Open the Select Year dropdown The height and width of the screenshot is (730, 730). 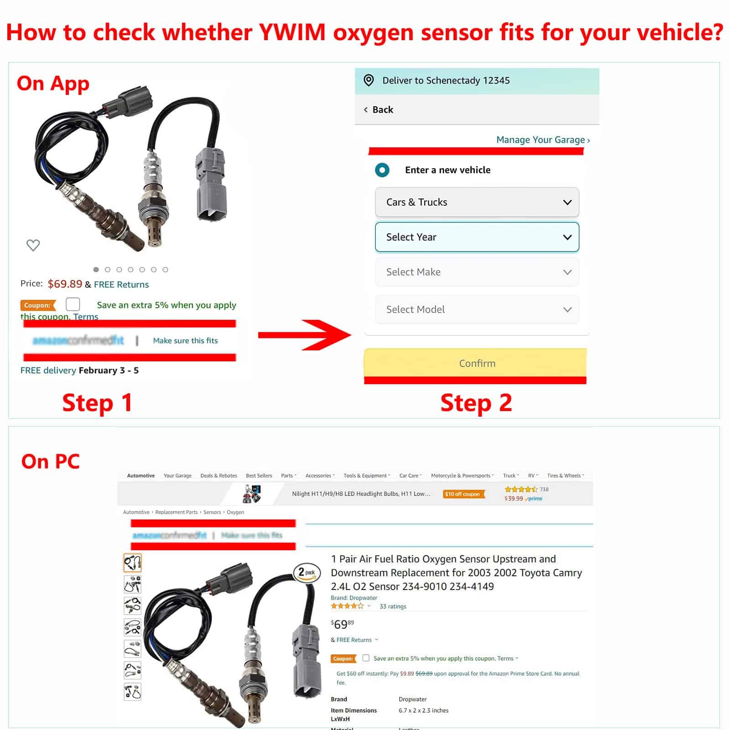(x=477, y=237)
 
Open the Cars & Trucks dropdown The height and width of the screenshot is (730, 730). (x=477, y=202)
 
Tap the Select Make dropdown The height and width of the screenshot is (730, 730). (x=477, y=272)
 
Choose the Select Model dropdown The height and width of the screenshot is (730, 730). (x=477, y=309)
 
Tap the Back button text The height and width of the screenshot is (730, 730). (x=382, y=109)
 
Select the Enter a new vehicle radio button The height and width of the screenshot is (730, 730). (x=382, y=170)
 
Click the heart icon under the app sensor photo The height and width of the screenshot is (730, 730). (x=33, y=245)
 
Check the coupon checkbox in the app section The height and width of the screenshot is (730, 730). (x=73, y=304)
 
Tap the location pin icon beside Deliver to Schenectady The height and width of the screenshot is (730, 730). (x=369, y=80)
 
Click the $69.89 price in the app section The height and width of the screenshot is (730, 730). (x=65, y=284)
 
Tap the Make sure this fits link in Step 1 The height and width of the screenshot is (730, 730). (x=185, y=340)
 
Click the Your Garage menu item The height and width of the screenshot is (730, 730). (x=177, y=475)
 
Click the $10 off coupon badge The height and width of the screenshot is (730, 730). (x=462, y=494)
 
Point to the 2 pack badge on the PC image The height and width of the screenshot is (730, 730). (x=306, y=572)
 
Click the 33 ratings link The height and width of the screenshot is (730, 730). (x=392, y=606)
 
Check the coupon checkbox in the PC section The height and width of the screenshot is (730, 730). (x=366, y=658)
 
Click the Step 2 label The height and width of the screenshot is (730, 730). (x=476, y=403)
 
